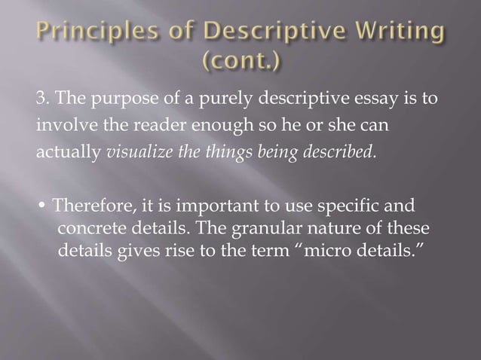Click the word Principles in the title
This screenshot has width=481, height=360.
[78, 35]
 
